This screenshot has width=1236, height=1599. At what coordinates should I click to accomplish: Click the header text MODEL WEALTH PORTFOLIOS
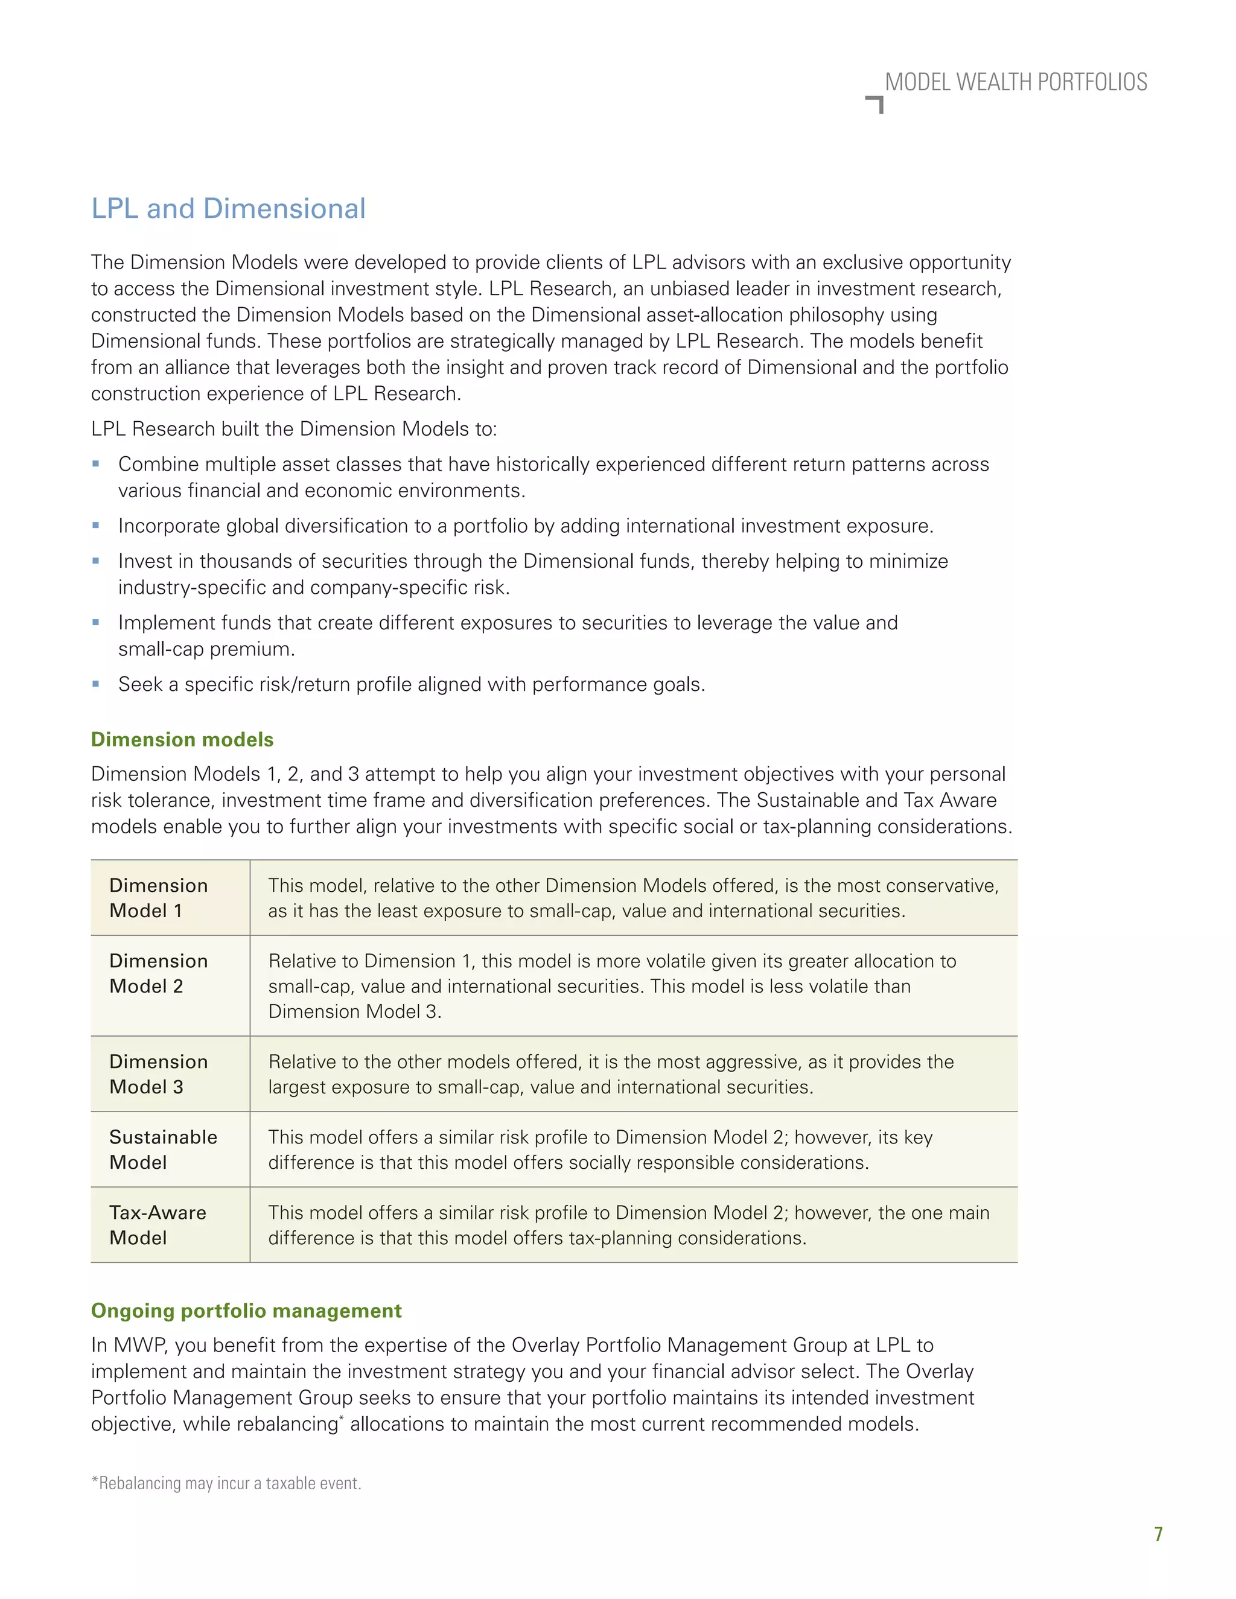[x=1016, y=82]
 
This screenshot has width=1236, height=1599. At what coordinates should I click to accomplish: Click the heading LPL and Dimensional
[x=228, y=209]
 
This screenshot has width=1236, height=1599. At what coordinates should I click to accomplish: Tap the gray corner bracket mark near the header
[x=876, y=104]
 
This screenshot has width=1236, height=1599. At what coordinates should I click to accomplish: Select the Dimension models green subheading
[x=182, y=740]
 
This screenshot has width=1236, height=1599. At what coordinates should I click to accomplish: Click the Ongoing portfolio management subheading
[x=246, y=1311]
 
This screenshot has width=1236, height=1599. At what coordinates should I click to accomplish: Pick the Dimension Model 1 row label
[x=158, y=898]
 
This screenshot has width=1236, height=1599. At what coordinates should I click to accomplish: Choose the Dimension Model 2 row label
[x=158, y=973]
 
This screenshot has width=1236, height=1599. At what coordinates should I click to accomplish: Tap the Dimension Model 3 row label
[x=158, y=1074]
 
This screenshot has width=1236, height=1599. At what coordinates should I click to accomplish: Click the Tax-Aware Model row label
[x=158, y=1225]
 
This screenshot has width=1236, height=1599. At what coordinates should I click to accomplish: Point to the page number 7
[x=1158, y=1534]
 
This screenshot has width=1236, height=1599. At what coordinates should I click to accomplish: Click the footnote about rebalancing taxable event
[x=226, y=1483]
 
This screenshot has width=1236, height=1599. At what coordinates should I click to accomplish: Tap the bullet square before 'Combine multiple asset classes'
[x=96, y=463]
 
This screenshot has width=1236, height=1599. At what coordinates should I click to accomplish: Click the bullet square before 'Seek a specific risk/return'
[x=96, y=684]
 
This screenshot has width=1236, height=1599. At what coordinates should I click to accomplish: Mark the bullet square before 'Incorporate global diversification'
[x=96, y=525]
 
